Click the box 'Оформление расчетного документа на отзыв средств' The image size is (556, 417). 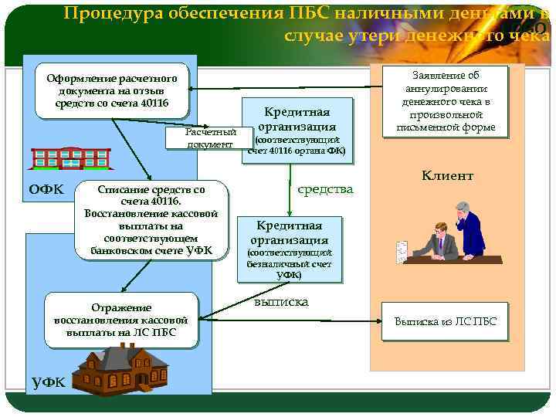pos(112,92)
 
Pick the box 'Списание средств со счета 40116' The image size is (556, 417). pos(151,219)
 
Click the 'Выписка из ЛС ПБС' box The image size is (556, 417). pos(446,322)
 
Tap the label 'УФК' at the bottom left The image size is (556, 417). pos(48,381)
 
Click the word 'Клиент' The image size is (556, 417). pos(446,176)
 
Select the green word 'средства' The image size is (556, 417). pos(325,189)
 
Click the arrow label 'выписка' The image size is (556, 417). pos(281,302)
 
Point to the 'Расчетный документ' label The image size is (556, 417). pos(209,138)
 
